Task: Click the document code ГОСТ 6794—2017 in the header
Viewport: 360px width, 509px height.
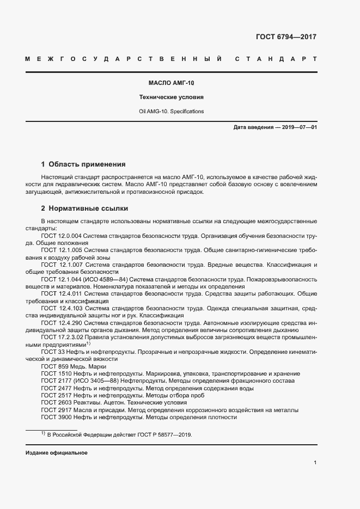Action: [x=285, y=37]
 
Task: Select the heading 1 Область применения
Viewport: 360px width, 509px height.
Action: [x=83, y=164]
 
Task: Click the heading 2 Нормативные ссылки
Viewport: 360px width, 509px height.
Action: [x=84, y=208]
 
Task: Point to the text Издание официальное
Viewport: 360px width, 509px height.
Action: [x=57, y=453]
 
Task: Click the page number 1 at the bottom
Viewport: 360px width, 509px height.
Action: [x=315, y=462]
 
